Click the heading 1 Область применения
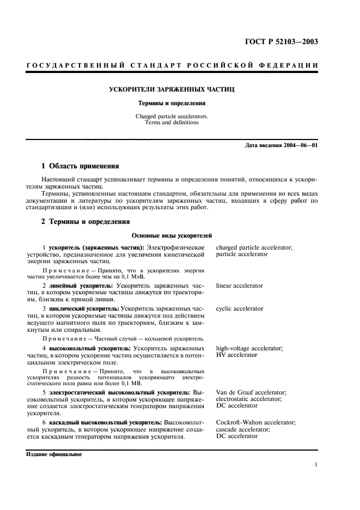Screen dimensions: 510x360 (x=81, y=166)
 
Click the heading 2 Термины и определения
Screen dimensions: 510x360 (x=86, y=222)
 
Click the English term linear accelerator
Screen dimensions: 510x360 (x=239, y=286)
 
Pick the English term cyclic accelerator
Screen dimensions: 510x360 (x=239, y=308)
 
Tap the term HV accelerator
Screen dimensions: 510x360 (x=236, y=355)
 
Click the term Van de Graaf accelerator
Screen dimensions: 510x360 (x=251, y=392)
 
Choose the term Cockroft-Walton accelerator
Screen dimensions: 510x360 (x=255, y=422)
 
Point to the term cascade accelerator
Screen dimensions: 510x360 (x=244, y=429)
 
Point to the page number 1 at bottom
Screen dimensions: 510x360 (x=316, y=465)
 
